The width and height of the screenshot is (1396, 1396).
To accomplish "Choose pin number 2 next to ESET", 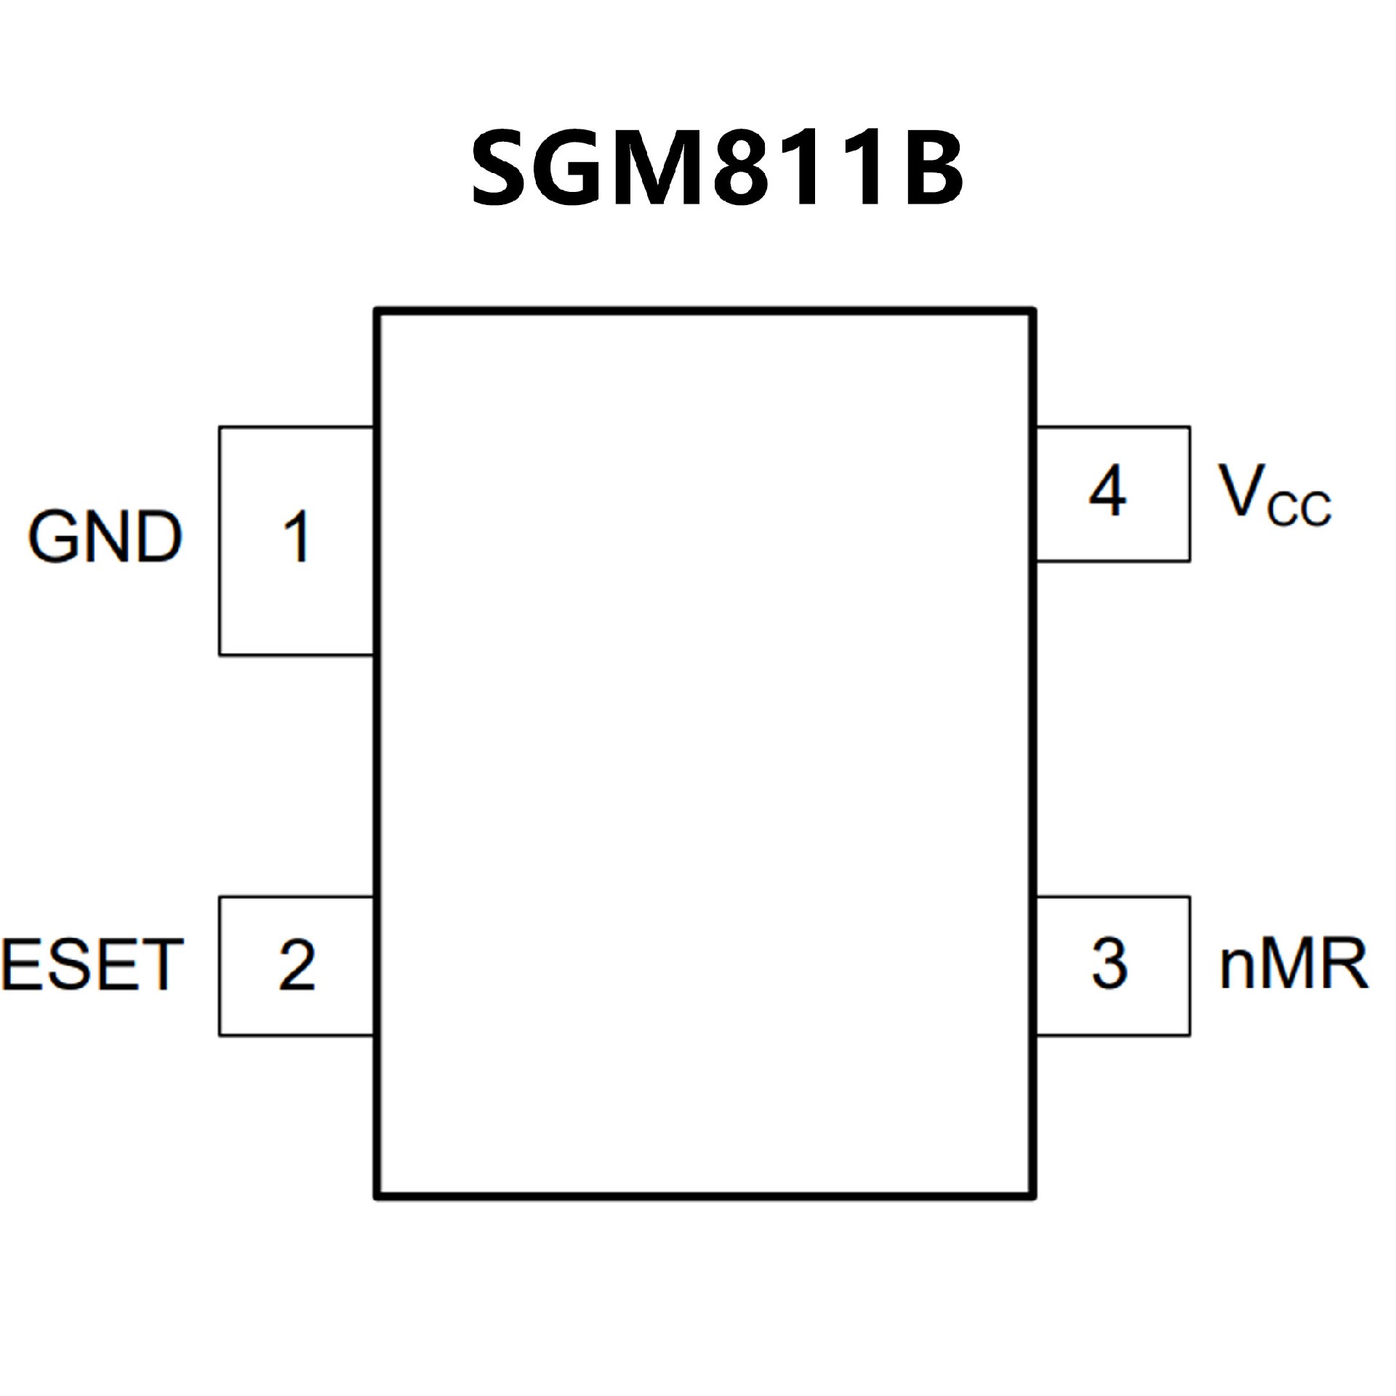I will tap(297, 965).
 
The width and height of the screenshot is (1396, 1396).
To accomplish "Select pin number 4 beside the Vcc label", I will tap(1107, 492).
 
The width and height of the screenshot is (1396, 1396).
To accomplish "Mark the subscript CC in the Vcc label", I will tap(1299, 508).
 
